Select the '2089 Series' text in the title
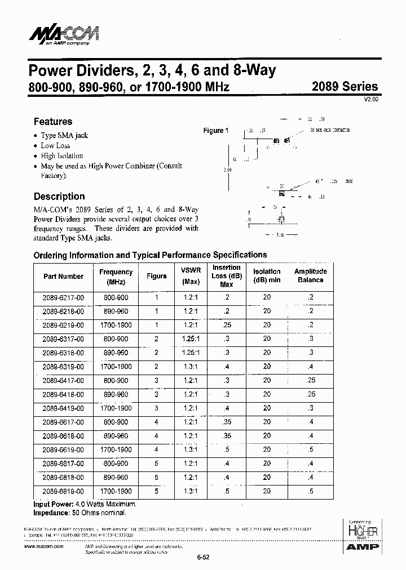345,87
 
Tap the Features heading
53,121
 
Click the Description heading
59,197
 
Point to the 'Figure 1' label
215,131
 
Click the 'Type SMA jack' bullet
64,135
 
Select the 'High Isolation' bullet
61,155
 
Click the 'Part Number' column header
63,276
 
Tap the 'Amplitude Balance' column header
310,275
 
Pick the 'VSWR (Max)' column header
191,275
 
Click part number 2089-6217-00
63,297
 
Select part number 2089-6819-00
63,491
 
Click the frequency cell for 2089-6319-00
116,367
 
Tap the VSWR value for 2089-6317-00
191,339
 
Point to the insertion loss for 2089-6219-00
226,325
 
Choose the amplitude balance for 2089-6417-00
310,380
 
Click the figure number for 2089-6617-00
156,422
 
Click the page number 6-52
203,558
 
